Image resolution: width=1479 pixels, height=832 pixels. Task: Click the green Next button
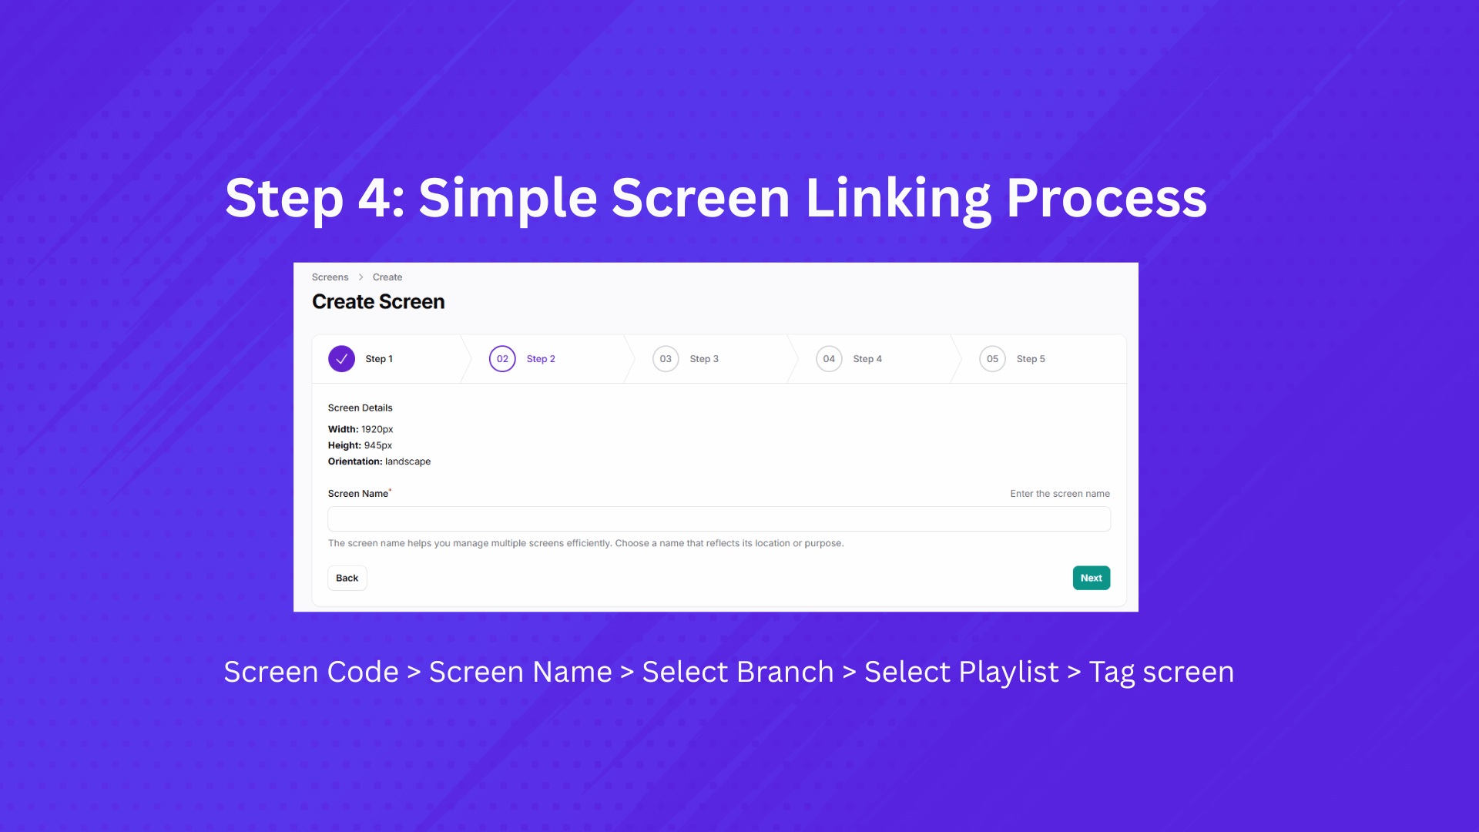1091,578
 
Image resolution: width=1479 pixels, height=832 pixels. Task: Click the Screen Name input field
719,518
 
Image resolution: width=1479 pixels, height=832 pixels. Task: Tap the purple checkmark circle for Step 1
341,359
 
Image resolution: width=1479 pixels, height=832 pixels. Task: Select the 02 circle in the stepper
502,359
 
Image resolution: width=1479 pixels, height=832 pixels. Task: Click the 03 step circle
666,359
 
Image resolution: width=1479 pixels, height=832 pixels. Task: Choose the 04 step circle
829,359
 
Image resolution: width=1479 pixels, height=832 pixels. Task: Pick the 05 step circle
992,359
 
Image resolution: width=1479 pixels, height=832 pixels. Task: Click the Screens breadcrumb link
330,277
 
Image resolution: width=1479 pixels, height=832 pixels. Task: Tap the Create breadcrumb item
387,277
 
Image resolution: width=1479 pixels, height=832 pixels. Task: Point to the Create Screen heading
378,302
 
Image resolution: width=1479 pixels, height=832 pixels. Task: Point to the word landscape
407,461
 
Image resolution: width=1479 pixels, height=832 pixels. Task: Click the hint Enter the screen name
1060,494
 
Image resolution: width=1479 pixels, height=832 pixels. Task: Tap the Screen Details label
360,408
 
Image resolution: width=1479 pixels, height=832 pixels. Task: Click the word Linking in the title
898,199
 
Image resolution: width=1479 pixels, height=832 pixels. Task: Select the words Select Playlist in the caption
961,673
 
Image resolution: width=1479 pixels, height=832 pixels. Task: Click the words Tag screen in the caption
1162,673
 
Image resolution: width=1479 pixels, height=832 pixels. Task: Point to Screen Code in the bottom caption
311,673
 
